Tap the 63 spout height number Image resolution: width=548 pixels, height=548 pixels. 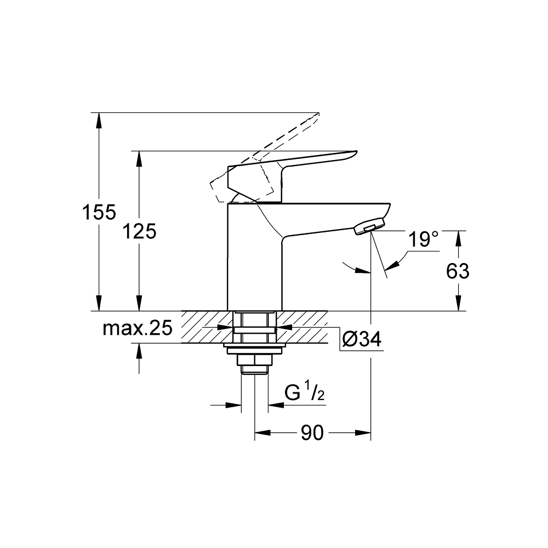click(458, 271)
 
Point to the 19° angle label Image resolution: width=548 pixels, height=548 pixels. click(424, 239)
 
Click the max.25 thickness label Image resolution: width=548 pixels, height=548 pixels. click(138, 328)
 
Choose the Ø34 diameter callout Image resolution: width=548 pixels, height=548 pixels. click(361, 340)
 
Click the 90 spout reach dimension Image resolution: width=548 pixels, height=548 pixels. click(312, 433)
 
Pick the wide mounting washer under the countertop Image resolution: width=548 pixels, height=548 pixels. click(254, 346)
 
